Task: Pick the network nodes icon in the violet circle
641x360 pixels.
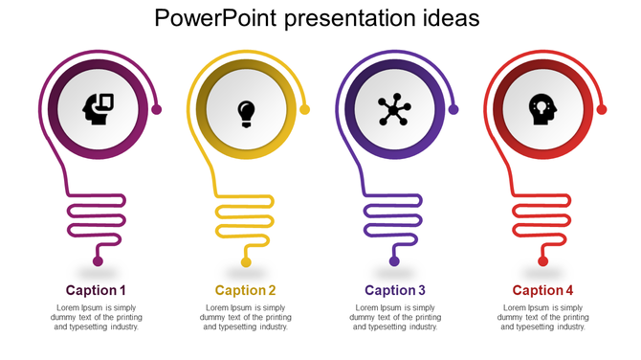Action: [393, 110]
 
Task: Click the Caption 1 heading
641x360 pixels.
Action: [96, 290]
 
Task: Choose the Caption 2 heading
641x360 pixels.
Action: [246, 290]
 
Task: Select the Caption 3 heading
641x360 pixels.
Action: [395, 290]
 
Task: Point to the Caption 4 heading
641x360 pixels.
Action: [543, 290]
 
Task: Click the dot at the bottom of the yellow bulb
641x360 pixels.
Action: [246, 261]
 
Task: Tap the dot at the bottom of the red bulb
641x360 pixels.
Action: [542, 261]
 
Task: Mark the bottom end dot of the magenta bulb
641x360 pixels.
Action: [97, 261]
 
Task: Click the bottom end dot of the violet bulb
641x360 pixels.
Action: [394, 261]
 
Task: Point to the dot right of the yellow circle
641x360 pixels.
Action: [305, 109]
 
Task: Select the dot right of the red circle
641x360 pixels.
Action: [602, 109]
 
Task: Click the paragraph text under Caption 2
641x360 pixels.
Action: [246, 317]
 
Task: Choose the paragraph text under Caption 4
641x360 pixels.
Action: [543, 317]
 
